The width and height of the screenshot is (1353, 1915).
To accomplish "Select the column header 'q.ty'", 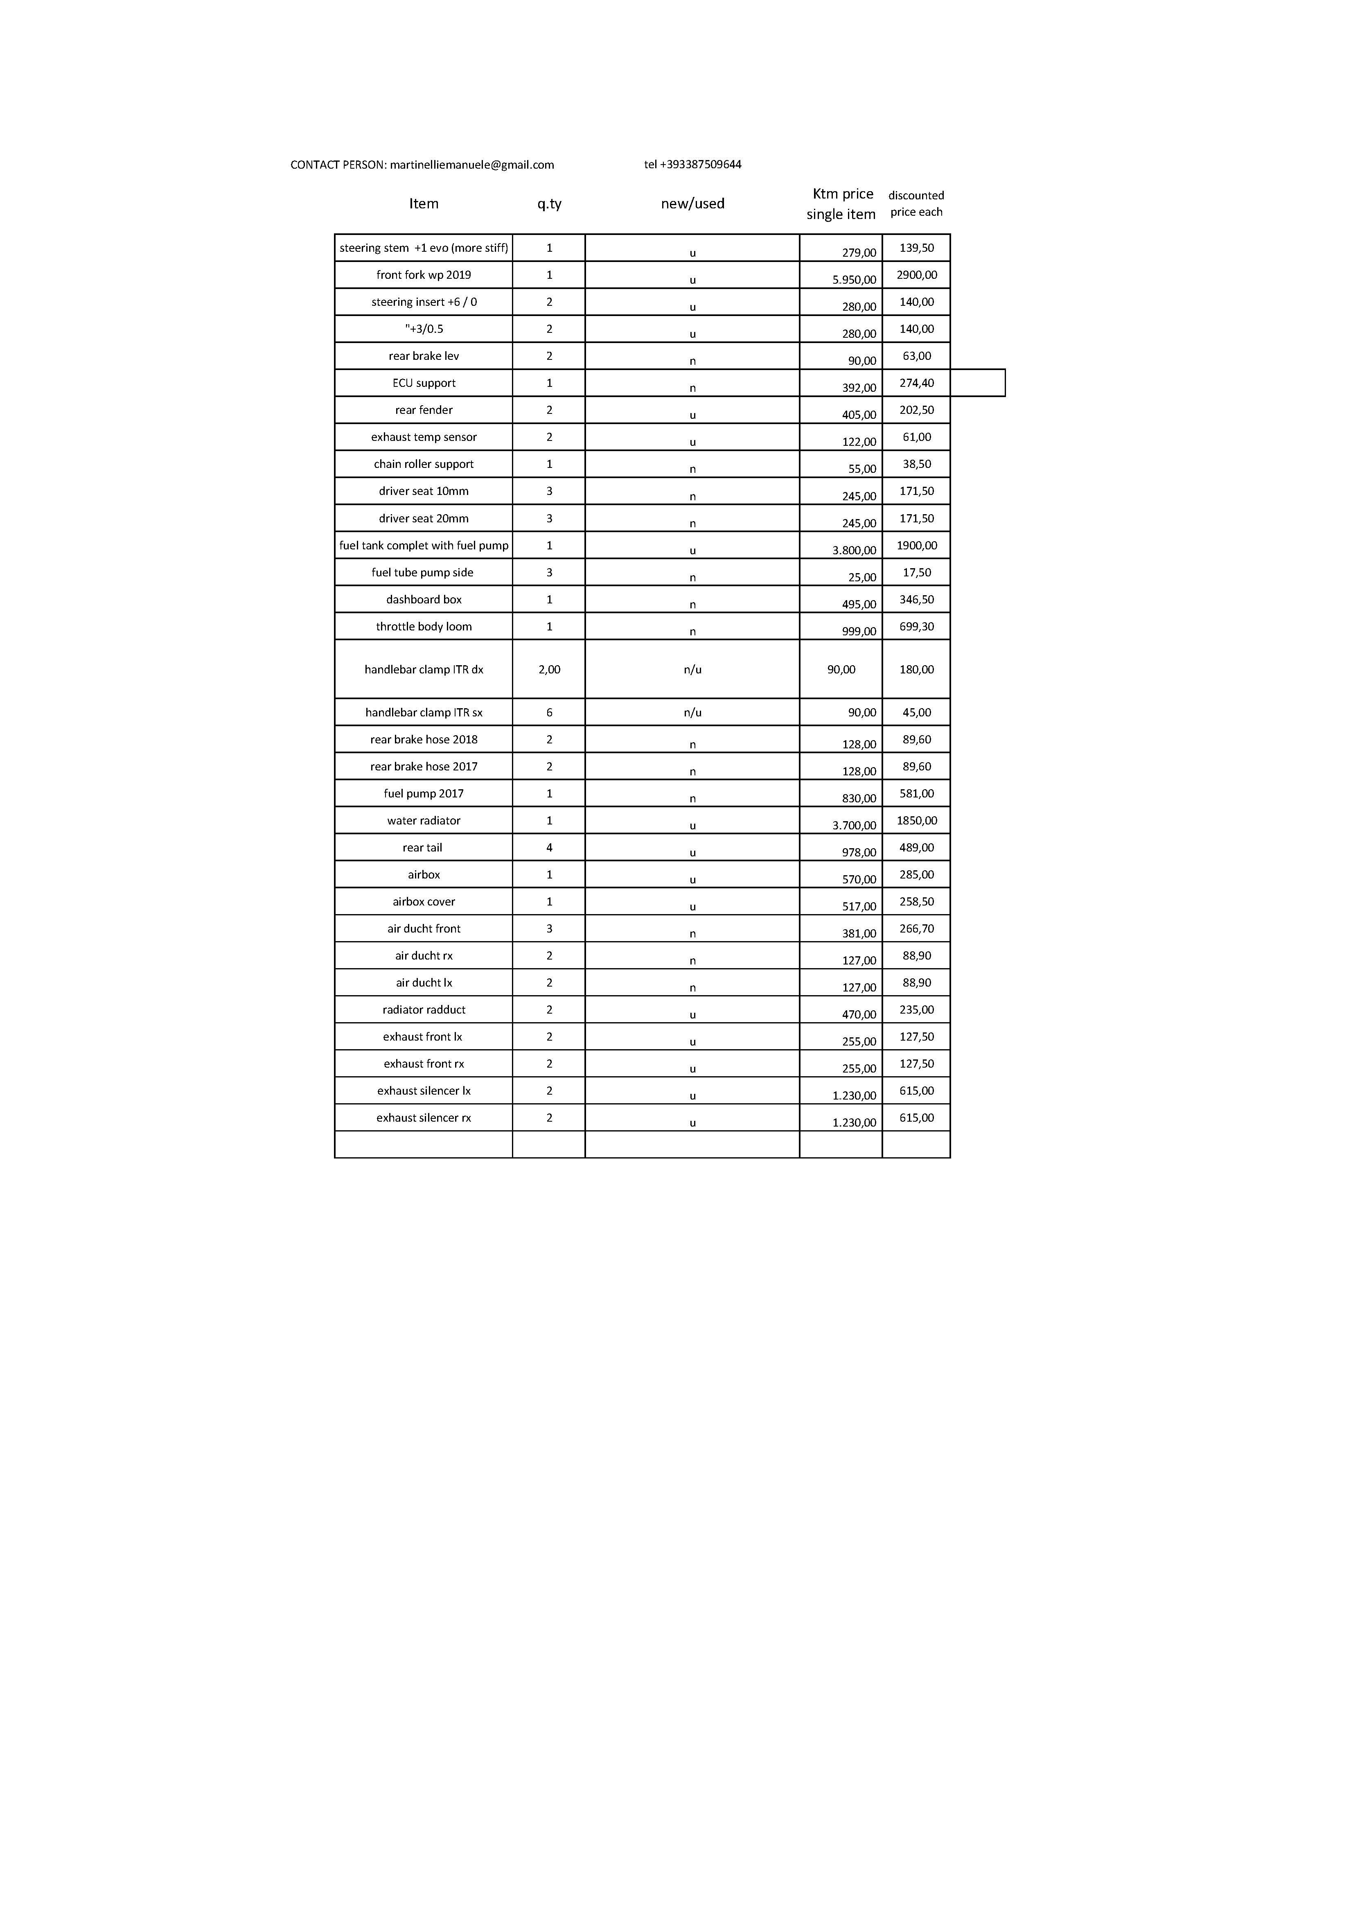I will (x=549, y=203).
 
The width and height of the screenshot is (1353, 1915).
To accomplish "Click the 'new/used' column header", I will (x=693, y=203).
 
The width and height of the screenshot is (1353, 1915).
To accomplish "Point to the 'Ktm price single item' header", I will (x=842, y=203).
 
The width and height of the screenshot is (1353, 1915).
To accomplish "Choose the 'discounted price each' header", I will (x=916, y=203).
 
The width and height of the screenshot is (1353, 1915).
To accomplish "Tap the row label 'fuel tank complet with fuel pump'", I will (x=424, y=545).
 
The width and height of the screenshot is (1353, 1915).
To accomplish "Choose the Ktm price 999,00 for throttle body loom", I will (x=859, y=631).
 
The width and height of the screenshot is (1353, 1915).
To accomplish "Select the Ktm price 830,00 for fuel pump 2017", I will (x=859, y=798).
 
